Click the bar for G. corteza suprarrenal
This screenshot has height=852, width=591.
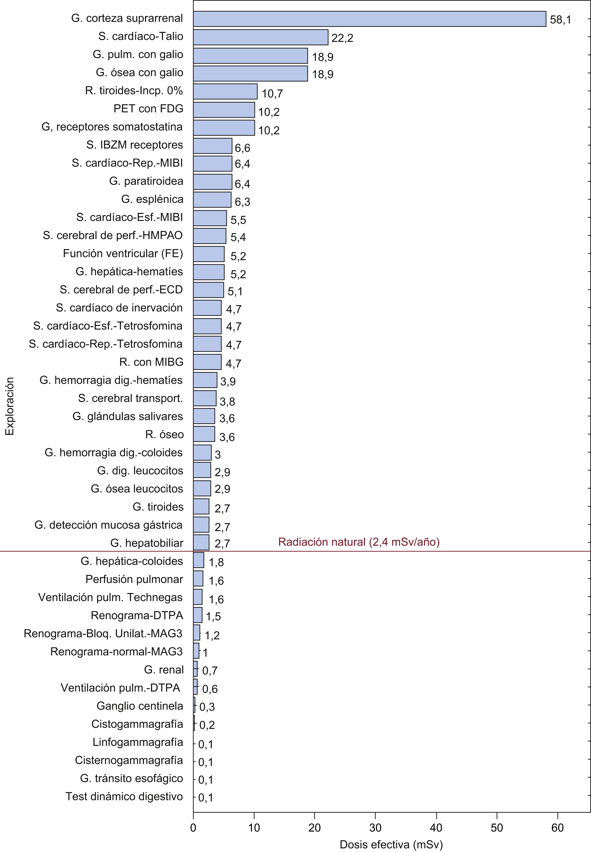pyautogui.click(x=369, y=19)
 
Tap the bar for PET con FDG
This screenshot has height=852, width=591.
pyautogui.click(x=224, y=110)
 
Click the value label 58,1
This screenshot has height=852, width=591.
pyautogui.click(x=560, y=20)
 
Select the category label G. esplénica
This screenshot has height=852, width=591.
pyautogui.click(x=152, y=199)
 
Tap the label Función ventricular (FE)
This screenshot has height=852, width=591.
pyautogui.click(x=123, y=253)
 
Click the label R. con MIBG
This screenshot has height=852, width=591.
pyautogui.click(x=151, y=362)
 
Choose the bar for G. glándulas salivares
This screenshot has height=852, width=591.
pyautogui.click(x=204, y=416)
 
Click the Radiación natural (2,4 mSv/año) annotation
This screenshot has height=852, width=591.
pyautogui.click(x=359, y=542)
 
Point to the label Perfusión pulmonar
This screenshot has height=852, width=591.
pyautogui.click(x=134, y=579)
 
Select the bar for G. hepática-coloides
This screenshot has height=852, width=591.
pyautogui.click(x=198, y=560)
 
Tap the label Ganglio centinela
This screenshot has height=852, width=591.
pyautogui.click(x=140, y=706)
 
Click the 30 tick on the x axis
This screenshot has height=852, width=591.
pyautogui.click(x=375, y=827)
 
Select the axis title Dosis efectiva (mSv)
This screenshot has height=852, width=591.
pyautogui.click(x=391, y=844)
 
